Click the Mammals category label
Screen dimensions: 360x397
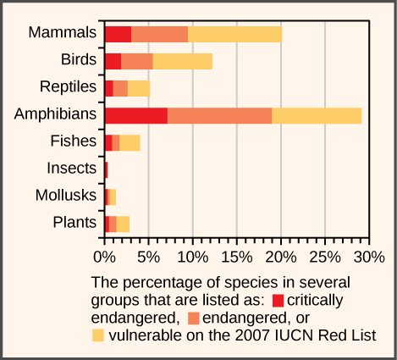pos(62,33)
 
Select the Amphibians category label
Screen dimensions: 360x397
pos(52,114)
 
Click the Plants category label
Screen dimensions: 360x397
pos(73,223)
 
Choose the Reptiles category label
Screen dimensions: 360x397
pos(68,87)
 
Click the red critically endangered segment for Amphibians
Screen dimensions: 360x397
pos(135,115)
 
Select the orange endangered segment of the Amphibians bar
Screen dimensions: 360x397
pos(219,115)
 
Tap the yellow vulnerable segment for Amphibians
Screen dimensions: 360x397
pos(317,115)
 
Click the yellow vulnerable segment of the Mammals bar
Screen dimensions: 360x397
pos(234,34)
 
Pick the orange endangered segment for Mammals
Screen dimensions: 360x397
pos(159,34)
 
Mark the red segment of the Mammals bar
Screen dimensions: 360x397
pos(118,34)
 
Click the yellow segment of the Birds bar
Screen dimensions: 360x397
pos(182,61)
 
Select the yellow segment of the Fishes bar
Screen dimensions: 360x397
pos(130,142)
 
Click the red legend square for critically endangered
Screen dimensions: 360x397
pos(277,300)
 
